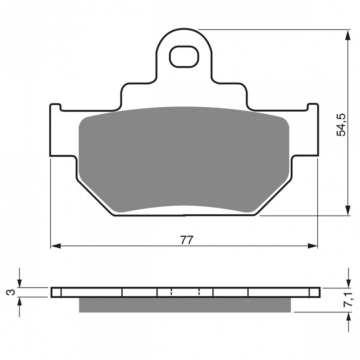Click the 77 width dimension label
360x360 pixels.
point(186,240)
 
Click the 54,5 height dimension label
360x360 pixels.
point(341,125)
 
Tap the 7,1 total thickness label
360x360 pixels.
point(349,300)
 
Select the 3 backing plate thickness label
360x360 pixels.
point(11,292)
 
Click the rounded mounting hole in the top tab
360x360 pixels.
point(184,56)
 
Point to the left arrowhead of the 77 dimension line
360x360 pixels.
point(56,246)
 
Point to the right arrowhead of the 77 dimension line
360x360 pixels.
point(312,246)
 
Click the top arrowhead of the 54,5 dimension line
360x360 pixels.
point(348,35)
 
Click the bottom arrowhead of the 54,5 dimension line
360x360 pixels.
point(348,210)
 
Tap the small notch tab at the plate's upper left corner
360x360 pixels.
point(56,107)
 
